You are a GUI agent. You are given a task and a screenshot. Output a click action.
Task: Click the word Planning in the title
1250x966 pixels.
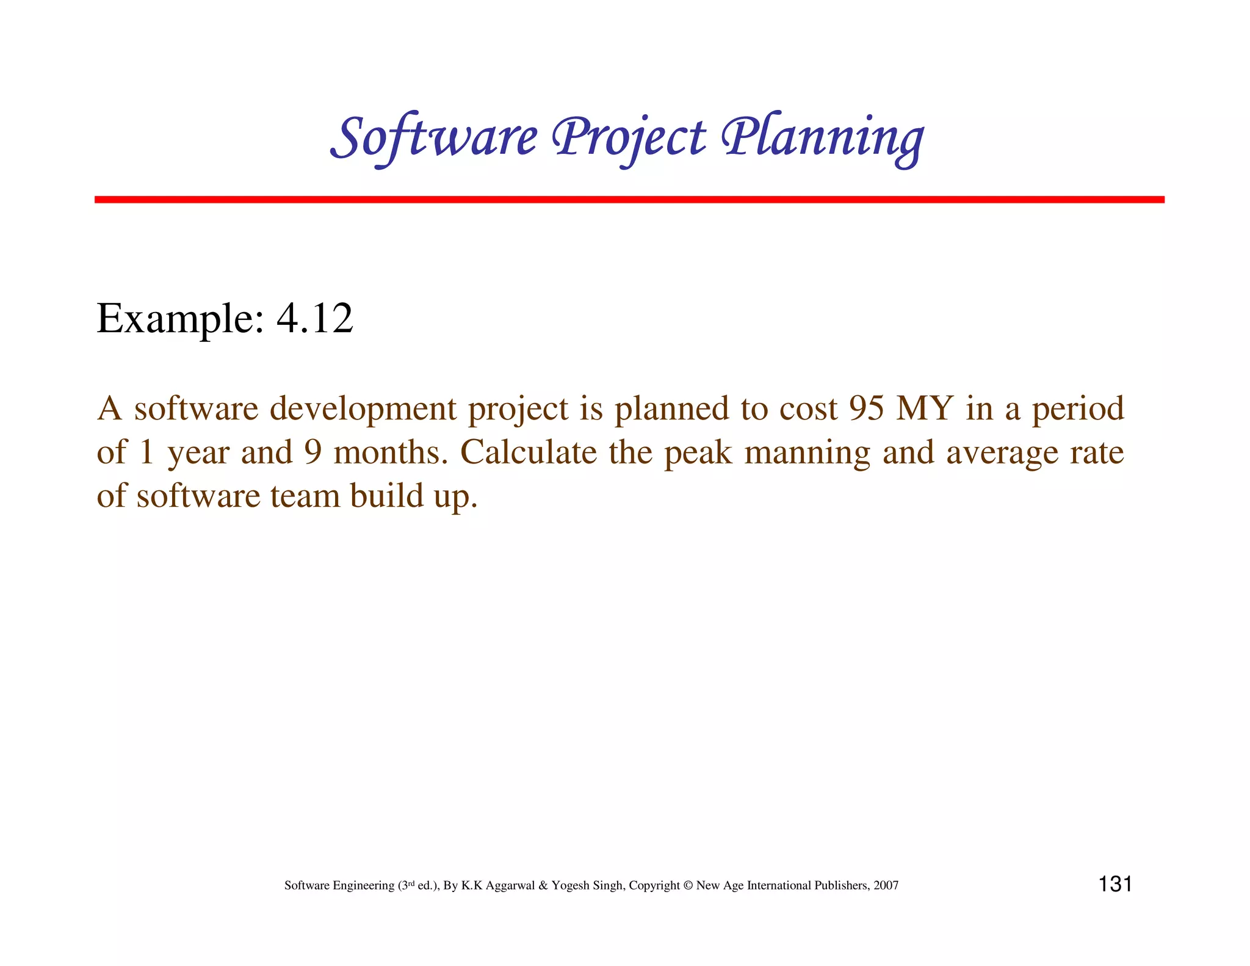[x=822, y=138]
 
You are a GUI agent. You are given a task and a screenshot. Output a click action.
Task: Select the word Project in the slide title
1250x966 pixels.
[x=629, y=138]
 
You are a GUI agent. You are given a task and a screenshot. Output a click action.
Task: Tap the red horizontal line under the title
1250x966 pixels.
[x=629, y=200]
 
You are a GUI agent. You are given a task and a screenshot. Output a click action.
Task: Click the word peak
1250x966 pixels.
[x=698, y=453]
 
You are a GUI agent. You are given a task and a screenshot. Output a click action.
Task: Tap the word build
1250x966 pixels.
[x=386, y=495]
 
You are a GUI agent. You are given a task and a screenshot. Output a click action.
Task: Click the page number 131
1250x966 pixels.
[x=1115, y=884]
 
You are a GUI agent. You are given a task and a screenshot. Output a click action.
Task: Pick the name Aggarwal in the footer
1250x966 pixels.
[x=510, y=885]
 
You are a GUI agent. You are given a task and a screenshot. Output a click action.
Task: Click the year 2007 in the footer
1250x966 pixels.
[x=886, y=885]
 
